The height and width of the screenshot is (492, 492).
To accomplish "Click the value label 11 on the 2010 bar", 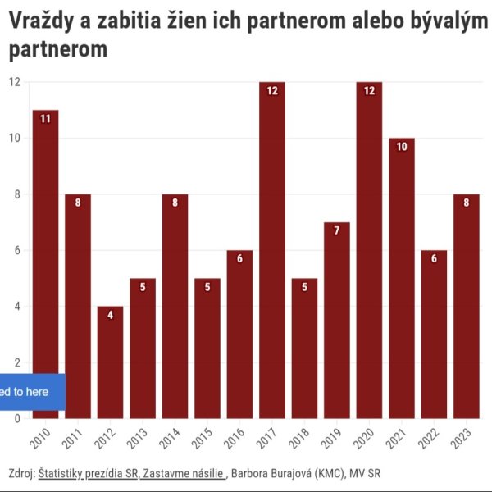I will (x=45, y=119).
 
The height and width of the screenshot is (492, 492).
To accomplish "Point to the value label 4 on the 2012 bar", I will (x=110, y=315).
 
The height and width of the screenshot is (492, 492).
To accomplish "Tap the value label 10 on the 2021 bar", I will (x=401, y=147).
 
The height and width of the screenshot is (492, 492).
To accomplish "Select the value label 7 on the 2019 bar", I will (x=336, y=231).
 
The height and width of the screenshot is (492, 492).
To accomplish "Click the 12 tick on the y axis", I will (x=15, y=82).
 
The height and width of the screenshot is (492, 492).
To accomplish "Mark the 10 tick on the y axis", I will (x=15, y=138).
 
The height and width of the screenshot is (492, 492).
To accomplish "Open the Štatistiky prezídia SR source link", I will (x=89, y=474).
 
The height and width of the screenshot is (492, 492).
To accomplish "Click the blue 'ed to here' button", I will (x=25, y=392).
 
